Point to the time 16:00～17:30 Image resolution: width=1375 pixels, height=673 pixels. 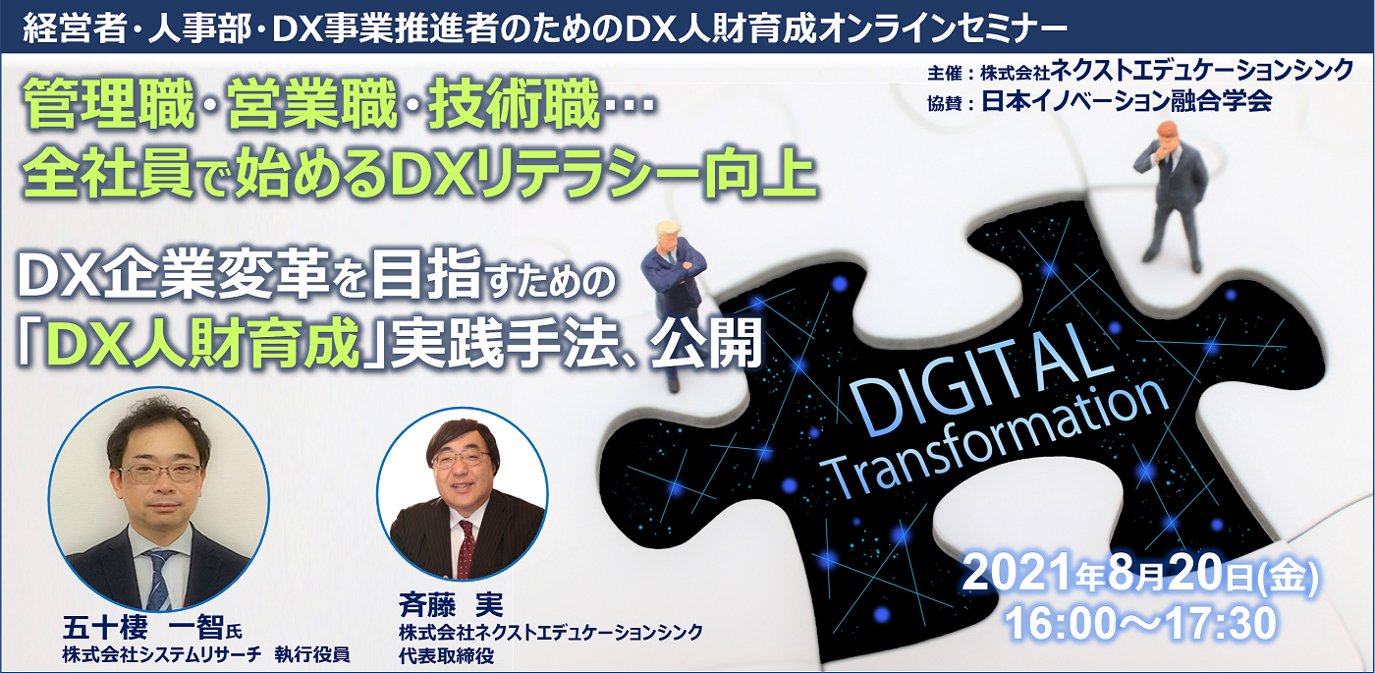1141,623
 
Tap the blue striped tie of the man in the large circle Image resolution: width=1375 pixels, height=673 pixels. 159,579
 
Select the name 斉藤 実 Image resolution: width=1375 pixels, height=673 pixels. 451,605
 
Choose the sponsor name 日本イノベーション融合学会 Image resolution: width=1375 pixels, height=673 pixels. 1127,101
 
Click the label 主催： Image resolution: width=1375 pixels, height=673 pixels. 951,74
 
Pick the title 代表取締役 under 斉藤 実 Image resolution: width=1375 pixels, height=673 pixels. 446,656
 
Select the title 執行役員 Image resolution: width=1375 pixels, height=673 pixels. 312,654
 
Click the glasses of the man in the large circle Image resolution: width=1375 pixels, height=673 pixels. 161,474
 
